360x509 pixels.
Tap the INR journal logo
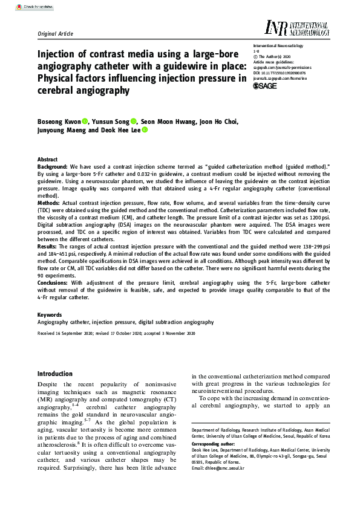[x=297, y=28]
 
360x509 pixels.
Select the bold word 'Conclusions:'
[x=54, y=282]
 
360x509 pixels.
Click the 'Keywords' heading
[x=49, y=315]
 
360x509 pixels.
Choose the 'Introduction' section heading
[x=55, y=374]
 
